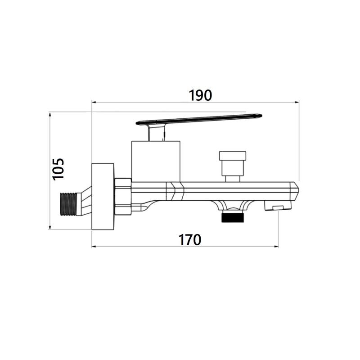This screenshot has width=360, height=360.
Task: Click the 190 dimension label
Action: (x=200, y=95)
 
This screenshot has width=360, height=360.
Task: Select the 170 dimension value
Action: (x=190, y=240)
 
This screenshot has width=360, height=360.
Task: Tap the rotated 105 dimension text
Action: (x=58, y=169)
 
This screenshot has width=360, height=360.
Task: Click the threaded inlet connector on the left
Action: (x=68, y=204)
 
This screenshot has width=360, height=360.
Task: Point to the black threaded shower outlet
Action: (x=233, y=218)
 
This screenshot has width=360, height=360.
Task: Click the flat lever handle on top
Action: (x=199, y=119)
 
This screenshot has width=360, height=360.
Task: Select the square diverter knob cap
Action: (x=233, y=156)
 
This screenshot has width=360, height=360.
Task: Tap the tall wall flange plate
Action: (x=103, y=197)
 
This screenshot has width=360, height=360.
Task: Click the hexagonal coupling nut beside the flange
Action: (x=123, y=197)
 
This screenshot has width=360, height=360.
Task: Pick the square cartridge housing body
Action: (x=156, y=162)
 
